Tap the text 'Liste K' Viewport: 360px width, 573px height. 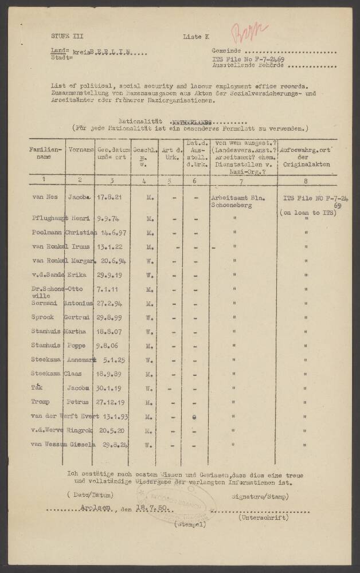click(196, 36)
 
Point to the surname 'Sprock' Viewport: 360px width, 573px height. click(43, 317)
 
